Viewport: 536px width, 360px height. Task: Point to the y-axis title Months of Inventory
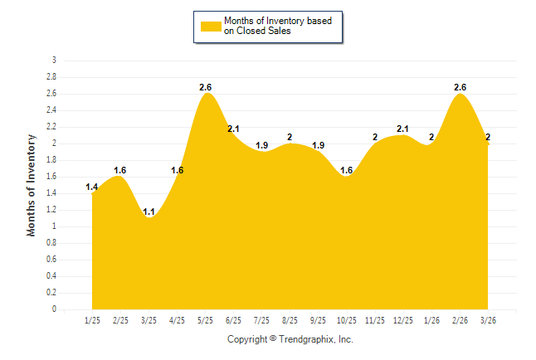(32, 185)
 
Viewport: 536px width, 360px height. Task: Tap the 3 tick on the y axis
(54, 61)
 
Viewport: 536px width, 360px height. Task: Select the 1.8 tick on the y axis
(51, 160)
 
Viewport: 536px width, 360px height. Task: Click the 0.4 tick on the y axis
(51, 276)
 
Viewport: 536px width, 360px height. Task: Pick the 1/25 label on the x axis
(92, 320)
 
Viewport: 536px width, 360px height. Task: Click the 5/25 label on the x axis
(205, 320)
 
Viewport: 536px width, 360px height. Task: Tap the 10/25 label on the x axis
(346, 320)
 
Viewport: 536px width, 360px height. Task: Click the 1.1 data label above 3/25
(149, 212)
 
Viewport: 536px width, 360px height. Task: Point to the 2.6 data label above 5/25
(206, 87)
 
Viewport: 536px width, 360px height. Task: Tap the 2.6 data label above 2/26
(460, 87)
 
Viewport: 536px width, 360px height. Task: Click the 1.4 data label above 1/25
(92, 187)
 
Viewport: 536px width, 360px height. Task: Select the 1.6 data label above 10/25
(346, 170)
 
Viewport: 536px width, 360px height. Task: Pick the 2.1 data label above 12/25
(403, 129)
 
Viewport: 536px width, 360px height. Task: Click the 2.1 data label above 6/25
(234, 129)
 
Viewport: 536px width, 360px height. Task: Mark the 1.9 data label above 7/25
(262, 145)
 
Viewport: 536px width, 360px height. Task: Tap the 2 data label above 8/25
(290, 137)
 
